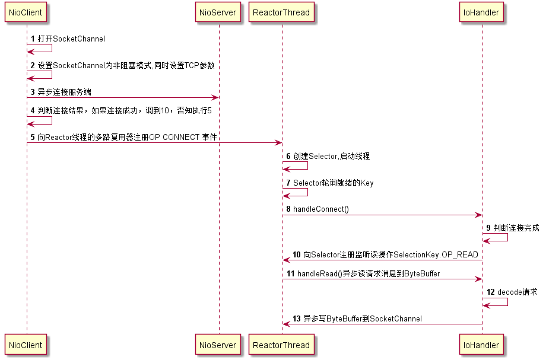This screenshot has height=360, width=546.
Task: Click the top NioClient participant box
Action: pos(26,12)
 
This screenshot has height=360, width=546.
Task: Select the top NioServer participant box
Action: pos(218,12)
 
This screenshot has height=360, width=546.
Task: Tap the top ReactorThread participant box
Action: pos(281,12)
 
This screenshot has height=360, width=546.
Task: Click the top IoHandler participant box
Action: pos(482,12)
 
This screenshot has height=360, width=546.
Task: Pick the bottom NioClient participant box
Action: pos(26,345)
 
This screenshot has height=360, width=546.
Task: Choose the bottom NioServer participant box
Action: pos(218,345)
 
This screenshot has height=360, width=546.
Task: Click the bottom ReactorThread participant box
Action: pos(281,345)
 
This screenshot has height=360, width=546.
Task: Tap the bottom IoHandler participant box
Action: pos(482,345)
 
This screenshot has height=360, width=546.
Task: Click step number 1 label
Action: pos(33,39)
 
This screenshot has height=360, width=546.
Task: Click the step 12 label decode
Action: pos(509,292)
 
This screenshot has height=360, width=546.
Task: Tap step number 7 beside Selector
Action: pos(288,183)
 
